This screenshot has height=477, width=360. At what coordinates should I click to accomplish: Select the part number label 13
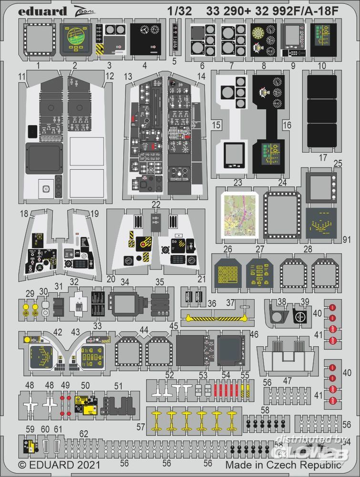pyautogui.click(x=127, y=76)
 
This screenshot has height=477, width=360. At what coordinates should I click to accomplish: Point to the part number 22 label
pyautogui.click(x=155, y=204)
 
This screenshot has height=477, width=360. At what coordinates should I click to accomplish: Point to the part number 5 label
pyautogui.click(x=174, y=61)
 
